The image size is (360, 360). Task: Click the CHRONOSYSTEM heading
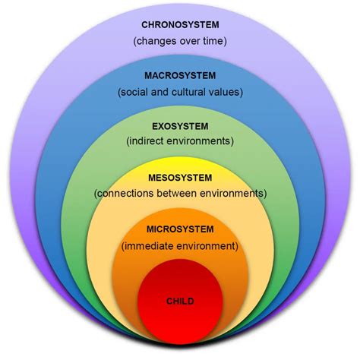pos(180,24)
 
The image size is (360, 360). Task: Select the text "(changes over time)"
pos(180,40)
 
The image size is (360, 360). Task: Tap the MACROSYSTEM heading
pos(180,75)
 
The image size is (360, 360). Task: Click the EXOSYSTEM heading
pos(180,125)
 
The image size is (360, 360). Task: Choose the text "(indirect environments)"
pos(180,141)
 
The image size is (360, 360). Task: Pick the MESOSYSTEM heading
pos(180,177)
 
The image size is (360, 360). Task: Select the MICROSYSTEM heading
pos(180,229)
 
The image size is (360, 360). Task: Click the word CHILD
pos(180,302)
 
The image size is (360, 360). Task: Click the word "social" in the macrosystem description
pos(134,93)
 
